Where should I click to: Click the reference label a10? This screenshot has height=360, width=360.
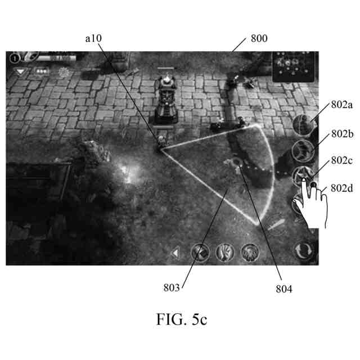pos(93,38)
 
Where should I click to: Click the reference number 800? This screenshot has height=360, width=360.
pos(259,39)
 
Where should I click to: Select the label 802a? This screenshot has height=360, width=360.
pos(343,104)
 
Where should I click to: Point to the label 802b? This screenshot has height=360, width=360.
pos(343,133)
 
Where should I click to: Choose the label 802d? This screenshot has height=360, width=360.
pos(343,188)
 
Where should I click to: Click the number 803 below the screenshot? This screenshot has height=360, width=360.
pos(172,287)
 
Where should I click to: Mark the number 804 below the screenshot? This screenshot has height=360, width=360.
pos(283,289)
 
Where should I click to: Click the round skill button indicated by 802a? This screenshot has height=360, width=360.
pos(305,124)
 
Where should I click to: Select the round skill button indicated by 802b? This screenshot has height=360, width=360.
pos(305,150)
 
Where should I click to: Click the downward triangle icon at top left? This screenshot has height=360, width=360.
pos(21,72)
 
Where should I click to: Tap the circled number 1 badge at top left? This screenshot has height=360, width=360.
pos(13,58)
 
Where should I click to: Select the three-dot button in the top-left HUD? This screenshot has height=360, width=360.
pos(42,72)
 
